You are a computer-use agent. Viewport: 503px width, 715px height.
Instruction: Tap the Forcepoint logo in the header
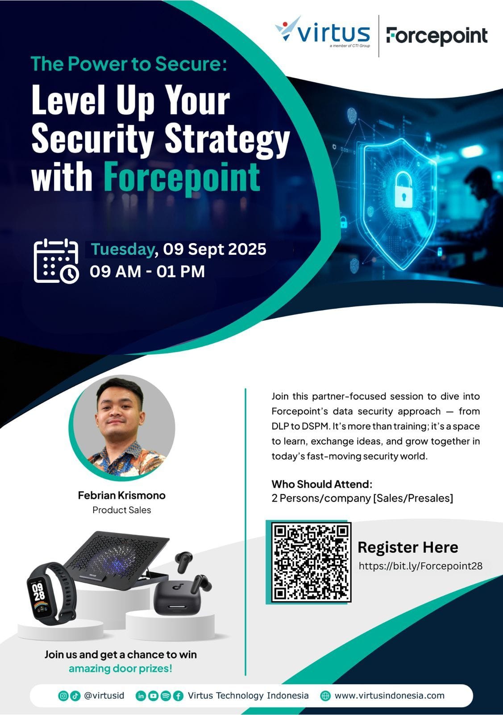[436, 36]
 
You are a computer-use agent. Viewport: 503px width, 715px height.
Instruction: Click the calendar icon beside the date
[56, 261]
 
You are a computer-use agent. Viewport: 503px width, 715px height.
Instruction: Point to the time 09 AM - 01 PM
[147, 272]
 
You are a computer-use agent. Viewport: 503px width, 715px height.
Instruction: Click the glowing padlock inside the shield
[403, 190]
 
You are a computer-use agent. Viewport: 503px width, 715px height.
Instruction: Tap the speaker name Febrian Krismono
[122, 496]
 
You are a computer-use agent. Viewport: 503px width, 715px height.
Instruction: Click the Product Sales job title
[122, 510]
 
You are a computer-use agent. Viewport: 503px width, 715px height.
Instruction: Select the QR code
[311, 562]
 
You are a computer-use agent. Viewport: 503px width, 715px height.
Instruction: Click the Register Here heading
[407, 547]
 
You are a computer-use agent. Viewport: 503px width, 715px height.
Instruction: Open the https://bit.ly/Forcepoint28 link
[420, 566]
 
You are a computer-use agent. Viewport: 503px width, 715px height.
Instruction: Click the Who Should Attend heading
[322, 484]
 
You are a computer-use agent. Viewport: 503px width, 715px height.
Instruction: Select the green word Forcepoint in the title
[182, 177]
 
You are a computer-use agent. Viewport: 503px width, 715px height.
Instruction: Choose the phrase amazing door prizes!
[121, 669]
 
